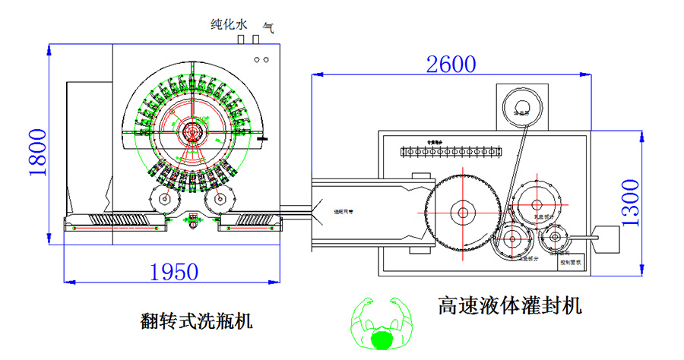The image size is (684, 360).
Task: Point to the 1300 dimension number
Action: pyautogui.click(x=635, y=202)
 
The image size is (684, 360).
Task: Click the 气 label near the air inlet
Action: pyautogui.click(x=268, y=25)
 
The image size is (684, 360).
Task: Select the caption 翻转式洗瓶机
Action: pyautogui.click(x=196, y=321)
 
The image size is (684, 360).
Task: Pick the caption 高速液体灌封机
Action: pyautogui.click(x=509, y=307)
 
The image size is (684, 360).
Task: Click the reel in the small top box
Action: pyautogui.click(x=521, y=106)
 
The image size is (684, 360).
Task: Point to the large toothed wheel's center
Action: pyautogui.click(x=461, y=213)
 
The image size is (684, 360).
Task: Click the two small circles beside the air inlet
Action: pyautogui.click(x=261, y=59)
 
